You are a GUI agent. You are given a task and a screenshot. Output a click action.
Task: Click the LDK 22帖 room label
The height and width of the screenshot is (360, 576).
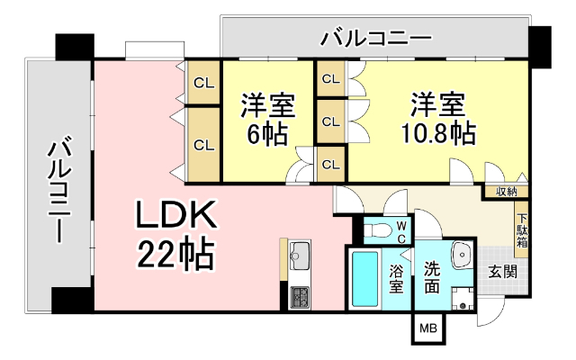click(x=175, y=236)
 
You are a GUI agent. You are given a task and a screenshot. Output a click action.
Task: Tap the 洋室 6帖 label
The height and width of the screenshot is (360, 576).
click(x=267, y=121)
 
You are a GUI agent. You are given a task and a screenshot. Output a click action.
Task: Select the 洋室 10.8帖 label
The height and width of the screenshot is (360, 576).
click(x=438, y=119)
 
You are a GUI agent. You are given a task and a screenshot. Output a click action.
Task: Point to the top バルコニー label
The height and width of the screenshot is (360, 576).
click(x=375, y=39)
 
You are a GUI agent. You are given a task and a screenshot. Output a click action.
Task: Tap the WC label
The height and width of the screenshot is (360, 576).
click(x=401, y=231)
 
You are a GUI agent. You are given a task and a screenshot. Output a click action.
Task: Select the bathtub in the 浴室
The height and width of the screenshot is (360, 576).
click(x=364, y=278)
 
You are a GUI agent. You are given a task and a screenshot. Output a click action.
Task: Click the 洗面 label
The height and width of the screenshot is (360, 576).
click(x=432, y=278)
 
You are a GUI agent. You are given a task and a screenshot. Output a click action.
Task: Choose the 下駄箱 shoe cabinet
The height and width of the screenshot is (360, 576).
click(x=521, y=229)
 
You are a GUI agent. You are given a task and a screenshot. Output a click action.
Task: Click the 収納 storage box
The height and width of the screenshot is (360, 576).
click(x=506, y=191)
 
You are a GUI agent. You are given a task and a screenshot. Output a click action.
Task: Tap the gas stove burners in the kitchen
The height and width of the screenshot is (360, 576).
click(x=299, y=294)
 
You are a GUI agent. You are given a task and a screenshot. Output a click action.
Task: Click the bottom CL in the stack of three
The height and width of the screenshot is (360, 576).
click(x=330, y=164)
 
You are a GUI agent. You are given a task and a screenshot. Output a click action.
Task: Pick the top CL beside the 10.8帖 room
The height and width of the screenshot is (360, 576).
click(x=330, y=79)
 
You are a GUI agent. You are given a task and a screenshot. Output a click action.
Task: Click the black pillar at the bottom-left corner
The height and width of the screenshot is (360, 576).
click(x=72, y=300)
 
